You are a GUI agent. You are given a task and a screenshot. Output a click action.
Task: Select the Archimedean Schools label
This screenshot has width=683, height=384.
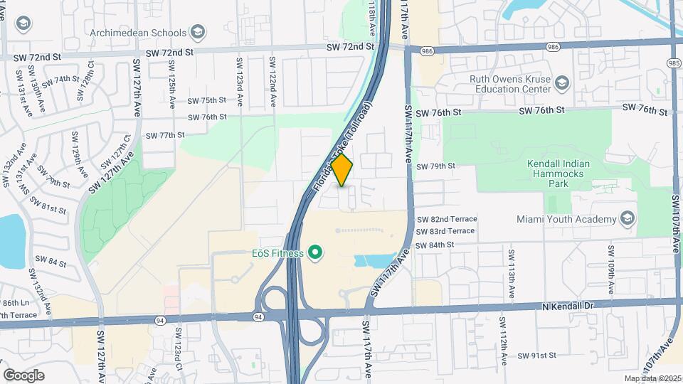click(x=138, y=33)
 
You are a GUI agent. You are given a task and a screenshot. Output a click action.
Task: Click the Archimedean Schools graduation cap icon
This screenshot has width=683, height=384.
click(x=198, y=33)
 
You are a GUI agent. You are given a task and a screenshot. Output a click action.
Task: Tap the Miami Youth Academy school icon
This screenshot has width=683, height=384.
click(x=627, y=218)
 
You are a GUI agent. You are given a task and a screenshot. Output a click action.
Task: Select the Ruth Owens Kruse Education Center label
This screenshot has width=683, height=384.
click(x=509, y=85)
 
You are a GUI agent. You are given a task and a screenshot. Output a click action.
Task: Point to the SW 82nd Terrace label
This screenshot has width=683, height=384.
click(x=446, y=219)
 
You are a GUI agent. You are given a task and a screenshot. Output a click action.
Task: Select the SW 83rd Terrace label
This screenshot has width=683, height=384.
click(x=445, y=231)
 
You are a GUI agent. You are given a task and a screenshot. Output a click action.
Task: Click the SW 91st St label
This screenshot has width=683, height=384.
click(x=540, y=356)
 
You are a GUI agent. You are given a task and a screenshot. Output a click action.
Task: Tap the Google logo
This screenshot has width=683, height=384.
click(x=23, y=375)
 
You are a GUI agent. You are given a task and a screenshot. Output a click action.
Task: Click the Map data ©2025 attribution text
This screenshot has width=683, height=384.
click(x=652, y=378)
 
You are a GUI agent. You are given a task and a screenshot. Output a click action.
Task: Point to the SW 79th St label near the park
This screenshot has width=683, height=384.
click(x=435, y=166)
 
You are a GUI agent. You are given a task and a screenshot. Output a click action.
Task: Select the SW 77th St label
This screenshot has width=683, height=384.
click(x=165, y=134)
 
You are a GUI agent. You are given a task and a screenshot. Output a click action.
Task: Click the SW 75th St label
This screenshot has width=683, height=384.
click(x=207, y=101)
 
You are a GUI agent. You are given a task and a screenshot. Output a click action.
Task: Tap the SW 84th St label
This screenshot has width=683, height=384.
click(x=435, y=245)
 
